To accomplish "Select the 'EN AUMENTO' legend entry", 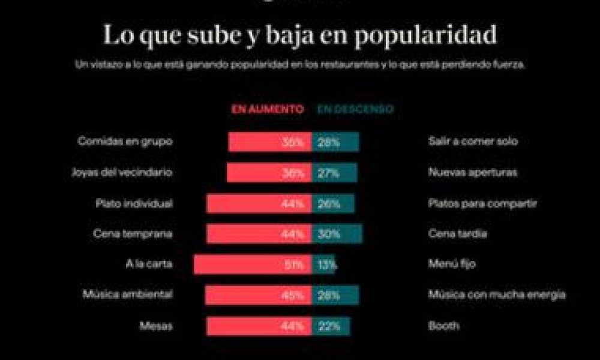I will tap(267, 109).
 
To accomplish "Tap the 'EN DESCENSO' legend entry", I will tap(355, 109).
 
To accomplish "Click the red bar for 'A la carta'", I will tap(252, 265).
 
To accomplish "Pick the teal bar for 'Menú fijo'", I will tap(323, 265).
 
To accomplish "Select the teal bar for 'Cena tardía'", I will tap(337, 234).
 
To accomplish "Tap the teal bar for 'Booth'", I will tap(331, 326).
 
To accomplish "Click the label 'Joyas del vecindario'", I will tap(122, 172).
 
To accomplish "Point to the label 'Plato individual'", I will tap(134, 203).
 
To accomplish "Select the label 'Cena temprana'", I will tap(133, 234).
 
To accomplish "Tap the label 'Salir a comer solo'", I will tap(473, 142).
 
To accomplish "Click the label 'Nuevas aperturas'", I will tap(473, 172).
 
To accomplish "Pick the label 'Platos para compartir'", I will tap(482, 203).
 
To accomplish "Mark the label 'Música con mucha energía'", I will tap(497, 295).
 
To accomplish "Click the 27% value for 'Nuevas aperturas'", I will tap(329, 173).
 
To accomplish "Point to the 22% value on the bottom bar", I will tap(330, 326).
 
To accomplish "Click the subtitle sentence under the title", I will tap(300, 65).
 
